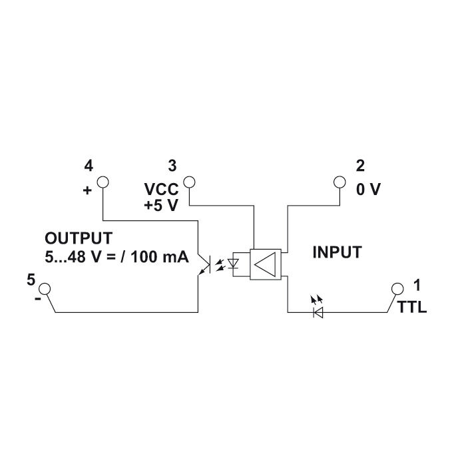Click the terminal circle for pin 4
[102, 182]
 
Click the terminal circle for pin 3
[189, 182]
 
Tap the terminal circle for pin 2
[340, 182]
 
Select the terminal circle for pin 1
[397, 289]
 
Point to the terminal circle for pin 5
[45, 289]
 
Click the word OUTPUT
[79, 238]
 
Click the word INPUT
[337, 252]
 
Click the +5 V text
[160, 206]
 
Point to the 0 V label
[368, 190]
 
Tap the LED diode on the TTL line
[318, 310]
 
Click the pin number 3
[173, 165]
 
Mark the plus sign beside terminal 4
[87, 190]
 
